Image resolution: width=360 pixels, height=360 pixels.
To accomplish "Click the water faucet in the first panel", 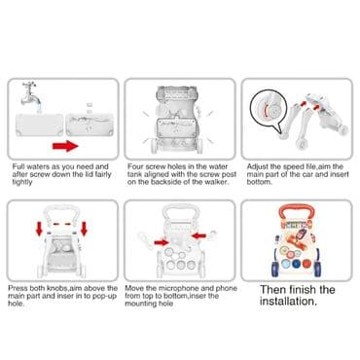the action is (x=32, y=93).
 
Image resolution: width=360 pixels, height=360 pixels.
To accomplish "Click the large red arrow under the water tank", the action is (x=65, y=146).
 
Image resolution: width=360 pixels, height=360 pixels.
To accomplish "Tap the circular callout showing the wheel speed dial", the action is (x=269, y=109).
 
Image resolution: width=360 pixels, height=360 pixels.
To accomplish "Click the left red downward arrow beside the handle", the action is (x=39, y=229).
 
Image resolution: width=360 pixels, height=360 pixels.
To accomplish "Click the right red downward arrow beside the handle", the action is (x=85, y=229).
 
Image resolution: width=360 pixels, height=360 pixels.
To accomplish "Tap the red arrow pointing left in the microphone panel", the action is (x=198, y=235).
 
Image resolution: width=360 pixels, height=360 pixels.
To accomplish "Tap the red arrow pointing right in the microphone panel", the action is (x=162, y=242).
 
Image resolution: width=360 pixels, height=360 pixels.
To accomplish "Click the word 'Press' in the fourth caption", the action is (x=18, y=288).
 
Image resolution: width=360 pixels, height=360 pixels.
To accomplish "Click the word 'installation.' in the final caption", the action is (x=288, y=302).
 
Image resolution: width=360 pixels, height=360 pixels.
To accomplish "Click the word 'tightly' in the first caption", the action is (x=22, y=182).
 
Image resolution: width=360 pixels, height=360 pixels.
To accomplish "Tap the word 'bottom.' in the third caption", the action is (x=259, y=182).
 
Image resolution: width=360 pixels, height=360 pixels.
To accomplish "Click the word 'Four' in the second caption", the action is (x=135, y=166).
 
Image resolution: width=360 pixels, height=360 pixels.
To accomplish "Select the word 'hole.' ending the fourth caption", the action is (x=16, y=304).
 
